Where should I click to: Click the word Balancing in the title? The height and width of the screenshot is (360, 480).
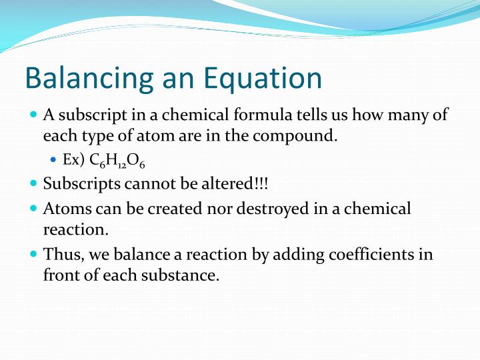[x=86, y=79]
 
